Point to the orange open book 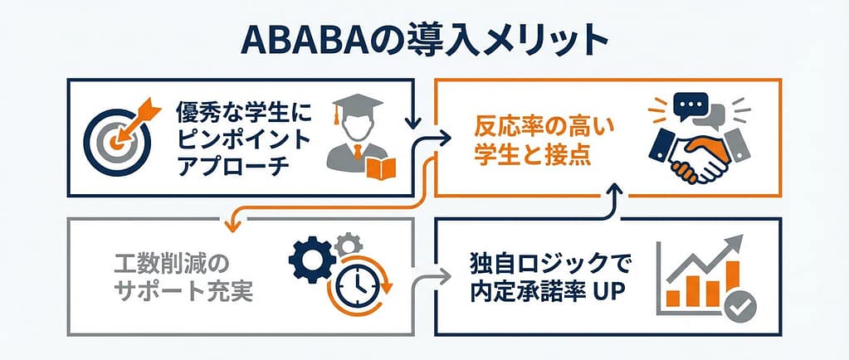point(381,168)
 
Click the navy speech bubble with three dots point(690,104)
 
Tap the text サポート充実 point(183,293)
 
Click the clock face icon point(358,288)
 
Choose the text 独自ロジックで point(542,265)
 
